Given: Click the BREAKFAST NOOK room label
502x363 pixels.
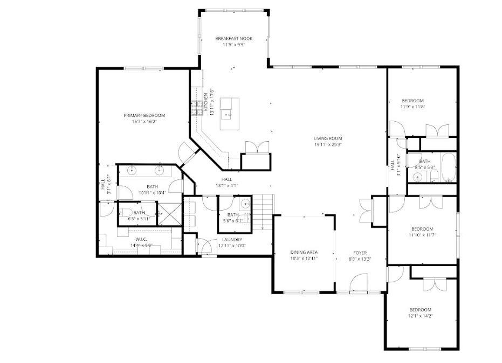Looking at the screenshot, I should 233,38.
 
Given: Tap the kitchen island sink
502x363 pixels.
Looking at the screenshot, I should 229,114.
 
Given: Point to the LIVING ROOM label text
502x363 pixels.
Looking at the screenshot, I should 328,138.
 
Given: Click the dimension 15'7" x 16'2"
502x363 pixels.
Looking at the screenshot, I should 144,122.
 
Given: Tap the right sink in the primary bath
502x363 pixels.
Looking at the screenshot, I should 160,171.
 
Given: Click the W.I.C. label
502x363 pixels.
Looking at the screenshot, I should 141,239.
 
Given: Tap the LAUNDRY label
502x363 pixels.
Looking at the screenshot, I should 232,240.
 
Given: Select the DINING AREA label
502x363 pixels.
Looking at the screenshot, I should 304,252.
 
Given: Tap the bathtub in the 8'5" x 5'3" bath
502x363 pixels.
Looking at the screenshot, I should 447,169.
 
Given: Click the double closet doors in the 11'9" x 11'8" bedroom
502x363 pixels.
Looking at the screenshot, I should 437,131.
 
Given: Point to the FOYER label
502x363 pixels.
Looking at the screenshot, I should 360,252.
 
